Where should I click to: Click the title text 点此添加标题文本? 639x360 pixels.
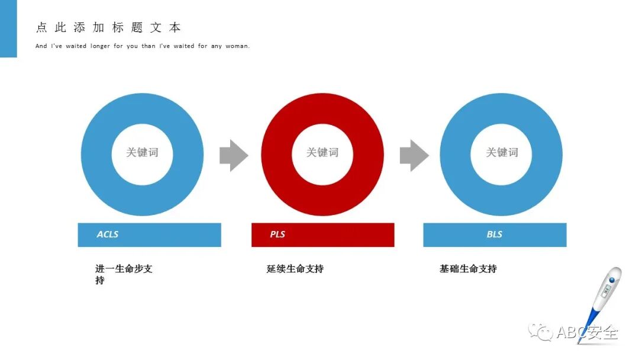(x=109, y=28)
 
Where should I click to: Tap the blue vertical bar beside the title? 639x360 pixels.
(x=8, y=28)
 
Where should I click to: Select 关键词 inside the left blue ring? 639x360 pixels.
(x=142, y=152)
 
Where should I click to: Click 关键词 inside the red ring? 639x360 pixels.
(x=322, y=152)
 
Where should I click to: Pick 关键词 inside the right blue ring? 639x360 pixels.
(x=502, y=152)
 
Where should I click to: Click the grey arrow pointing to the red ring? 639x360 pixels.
(x=233, y=155)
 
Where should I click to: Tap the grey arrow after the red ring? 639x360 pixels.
(x=414, y=155)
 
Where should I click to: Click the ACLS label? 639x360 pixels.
(x=108, y=234)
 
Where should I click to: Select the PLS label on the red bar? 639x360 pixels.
(x=277, y=234)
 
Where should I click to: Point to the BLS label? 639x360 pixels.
(x=495, y=234)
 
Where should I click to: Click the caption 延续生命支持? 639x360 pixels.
(x=295, y=269)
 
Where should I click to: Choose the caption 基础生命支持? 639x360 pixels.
(x=468, y=269)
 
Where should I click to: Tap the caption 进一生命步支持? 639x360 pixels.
(x=124, y=274)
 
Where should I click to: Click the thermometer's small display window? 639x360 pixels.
(x=606, y=291)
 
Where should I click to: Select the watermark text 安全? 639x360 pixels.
(x=603, y=333)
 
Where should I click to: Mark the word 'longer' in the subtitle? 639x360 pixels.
(x=100, y=46)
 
